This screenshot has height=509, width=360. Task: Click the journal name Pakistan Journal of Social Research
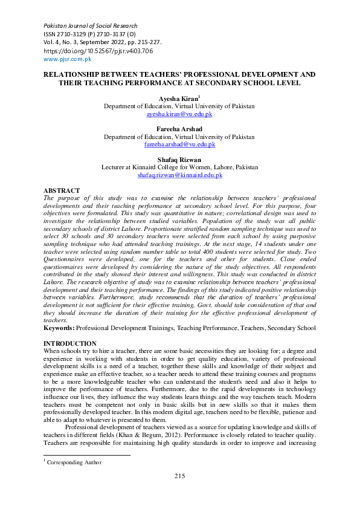(x=90, y=26)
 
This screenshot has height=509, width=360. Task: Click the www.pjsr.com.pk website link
(x=67, y=59)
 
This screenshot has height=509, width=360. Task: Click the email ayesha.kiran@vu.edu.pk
(x=179, y=114)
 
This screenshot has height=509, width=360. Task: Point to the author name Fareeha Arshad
(x=179, y=129)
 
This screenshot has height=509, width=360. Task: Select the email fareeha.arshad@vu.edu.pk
(x=179, y=145)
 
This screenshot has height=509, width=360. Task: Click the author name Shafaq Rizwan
(x=179, y=160)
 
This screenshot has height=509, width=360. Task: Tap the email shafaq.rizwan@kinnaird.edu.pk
(x=179, y=175)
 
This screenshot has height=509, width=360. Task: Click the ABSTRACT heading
(x=62, y=190)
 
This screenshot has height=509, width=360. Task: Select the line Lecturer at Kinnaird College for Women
(x=179, y=167)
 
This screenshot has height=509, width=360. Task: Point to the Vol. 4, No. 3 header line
(x=102, y=42)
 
